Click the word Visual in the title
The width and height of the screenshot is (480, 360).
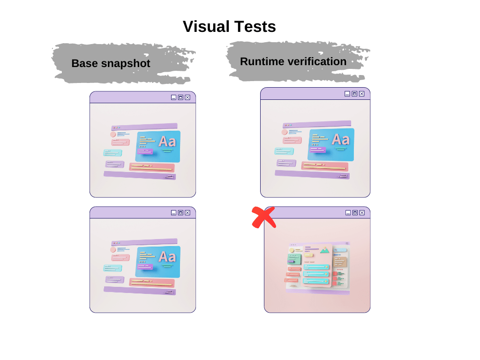point(205,26)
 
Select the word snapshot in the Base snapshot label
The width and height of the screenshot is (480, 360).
point(125,64)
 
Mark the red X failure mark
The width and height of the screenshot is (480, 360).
point(264,217)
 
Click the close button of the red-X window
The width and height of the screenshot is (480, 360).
point(362,213)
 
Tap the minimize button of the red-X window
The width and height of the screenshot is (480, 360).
point(348,213)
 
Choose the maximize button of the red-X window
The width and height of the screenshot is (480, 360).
point(355,213)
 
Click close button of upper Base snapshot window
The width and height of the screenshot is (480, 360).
point(187,97)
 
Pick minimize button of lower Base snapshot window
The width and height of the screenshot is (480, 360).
point(173,213)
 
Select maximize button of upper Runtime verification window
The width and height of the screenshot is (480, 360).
point(354,94)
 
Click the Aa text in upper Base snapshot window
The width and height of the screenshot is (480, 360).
point(167,141)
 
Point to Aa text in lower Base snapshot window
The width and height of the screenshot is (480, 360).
point(167,256)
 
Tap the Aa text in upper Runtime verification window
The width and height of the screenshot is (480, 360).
point(340,139)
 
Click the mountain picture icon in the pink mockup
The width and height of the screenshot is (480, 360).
point(324,251)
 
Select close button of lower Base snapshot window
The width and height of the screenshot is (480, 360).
point(187,213)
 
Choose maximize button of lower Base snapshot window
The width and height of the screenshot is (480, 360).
point(180,213)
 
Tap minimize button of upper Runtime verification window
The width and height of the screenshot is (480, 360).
point(347,94)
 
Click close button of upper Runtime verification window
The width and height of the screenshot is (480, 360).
point(361,94)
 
